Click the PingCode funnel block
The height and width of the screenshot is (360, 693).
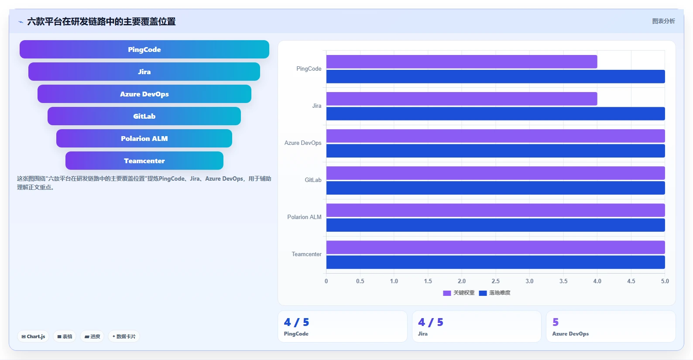click(144, 49)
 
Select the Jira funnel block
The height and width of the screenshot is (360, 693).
click(144, 72)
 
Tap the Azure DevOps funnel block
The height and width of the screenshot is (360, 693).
click(144, 94)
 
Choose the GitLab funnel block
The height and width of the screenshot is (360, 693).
click(144, 116)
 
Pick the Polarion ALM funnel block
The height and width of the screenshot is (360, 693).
click(144, 138)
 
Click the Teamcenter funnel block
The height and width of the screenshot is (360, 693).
click(144, 161)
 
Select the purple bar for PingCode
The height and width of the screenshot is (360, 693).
click(462, 62)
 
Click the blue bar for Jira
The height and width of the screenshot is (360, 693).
click(496, 113)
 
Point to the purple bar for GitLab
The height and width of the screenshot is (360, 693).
click(496, 173)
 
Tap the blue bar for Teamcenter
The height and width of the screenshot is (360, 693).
click(496, 262)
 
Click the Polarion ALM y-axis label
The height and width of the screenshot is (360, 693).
click(304, 217)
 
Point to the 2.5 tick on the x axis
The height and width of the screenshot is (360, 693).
click(496, 281)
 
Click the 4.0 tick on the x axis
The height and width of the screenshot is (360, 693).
click(597, 281)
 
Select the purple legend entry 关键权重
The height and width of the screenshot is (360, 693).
click(459, 293)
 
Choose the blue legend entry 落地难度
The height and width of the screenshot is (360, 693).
click(495, 293)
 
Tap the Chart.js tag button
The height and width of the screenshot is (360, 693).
click(33, 336)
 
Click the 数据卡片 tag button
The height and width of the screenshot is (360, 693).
click(124, 336)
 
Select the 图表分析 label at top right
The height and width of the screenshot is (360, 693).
click(663, 21)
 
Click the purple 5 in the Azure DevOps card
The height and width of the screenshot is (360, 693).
click(556, 322)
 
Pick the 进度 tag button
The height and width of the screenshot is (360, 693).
click(92, 336)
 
